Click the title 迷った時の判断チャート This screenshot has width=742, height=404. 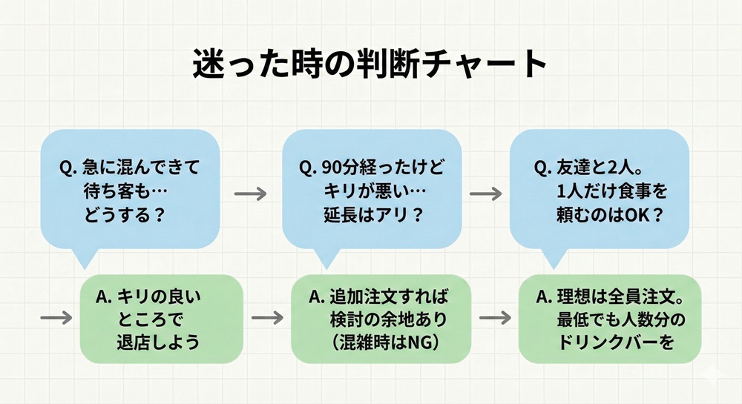point(370,65)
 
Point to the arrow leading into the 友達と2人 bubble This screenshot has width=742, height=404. point(486,192)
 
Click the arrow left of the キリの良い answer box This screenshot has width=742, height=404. point(56,317)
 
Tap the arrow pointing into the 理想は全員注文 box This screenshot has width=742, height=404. point(496,318)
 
